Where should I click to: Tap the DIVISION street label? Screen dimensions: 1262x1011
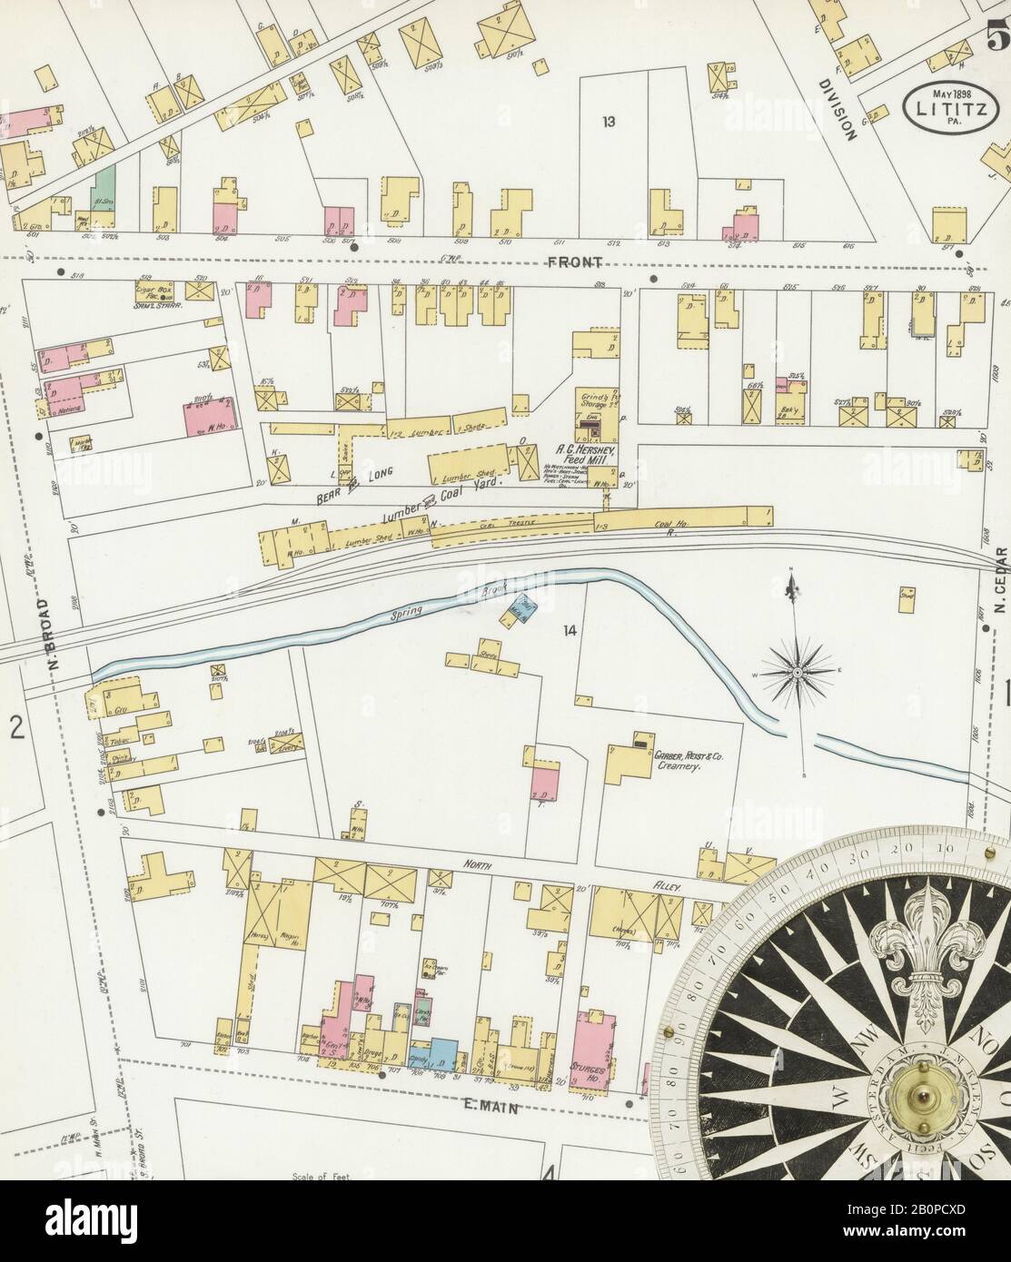pos(838,109)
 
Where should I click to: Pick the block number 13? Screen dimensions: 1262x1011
pos(608,120)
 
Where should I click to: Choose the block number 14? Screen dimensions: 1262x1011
pos(570,630)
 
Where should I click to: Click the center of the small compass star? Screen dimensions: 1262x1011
pos(797,673)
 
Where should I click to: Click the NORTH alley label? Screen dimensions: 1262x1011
pos(474,866)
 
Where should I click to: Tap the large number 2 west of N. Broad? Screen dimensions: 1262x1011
pos(15,726)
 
